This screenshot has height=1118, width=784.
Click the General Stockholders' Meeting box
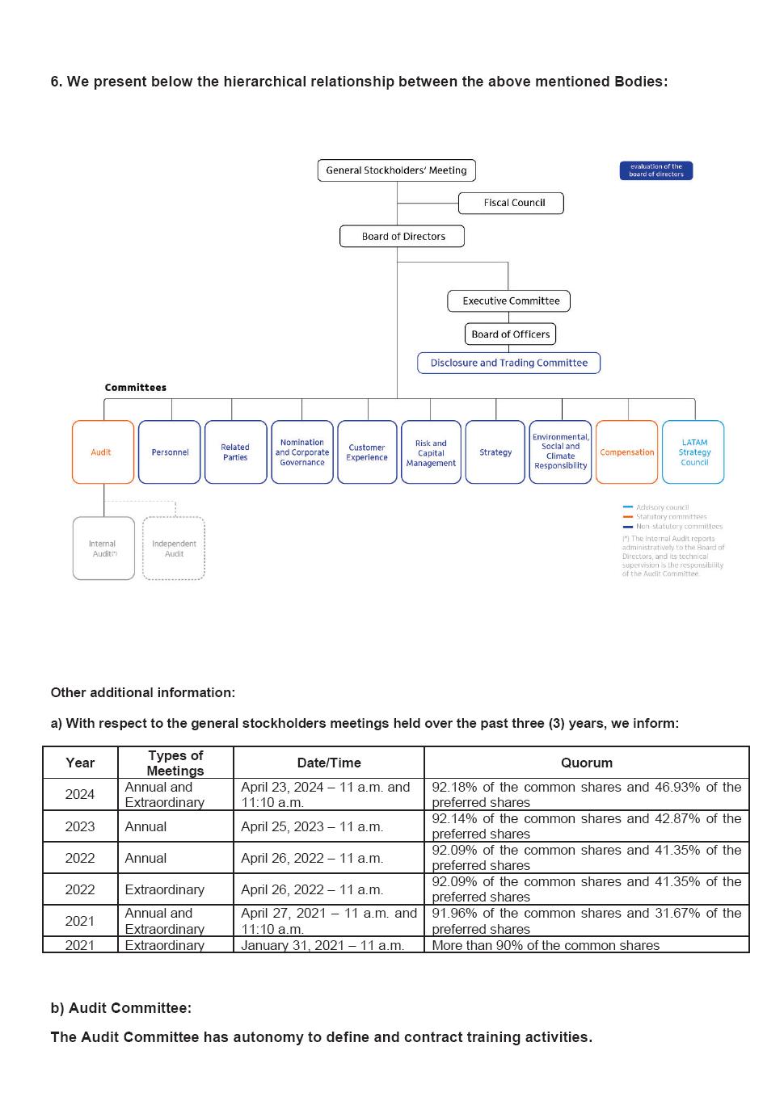(x=396, y=170)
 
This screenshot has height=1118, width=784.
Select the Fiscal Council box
(x=511, y=203)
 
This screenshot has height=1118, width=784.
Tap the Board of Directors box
(x=403, y=237)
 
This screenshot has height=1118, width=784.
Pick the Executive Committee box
(x=509, y=301)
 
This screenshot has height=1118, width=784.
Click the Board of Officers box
(x=510, y=334)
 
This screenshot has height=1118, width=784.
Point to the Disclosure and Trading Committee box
(x=508, y=364)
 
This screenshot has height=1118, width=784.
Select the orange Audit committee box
(x=103, y=452)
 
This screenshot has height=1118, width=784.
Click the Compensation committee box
(x=626, y=452)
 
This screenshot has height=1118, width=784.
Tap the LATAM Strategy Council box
(x=693, y=452)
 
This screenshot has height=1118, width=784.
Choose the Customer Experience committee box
(x=367, y=452)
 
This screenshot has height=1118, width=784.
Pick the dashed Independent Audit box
(x=174, y=548)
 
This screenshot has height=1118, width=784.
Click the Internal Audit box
(x=103, y=548)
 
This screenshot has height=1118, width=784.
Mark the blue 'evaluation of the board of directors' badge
(x=655, y=170)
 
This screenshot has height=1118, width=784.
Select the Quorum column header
(x=586, y=763)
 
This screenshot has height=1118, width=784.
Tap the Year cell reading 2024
(x=80, y=794)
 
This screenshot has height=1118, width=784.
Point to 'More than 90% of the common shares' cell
(x=546, y=945)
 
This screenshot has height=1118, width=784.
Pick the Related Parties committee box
(x=235, y=452)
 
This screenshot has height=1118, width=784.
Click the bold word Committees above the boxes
(x=135, y=388)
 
